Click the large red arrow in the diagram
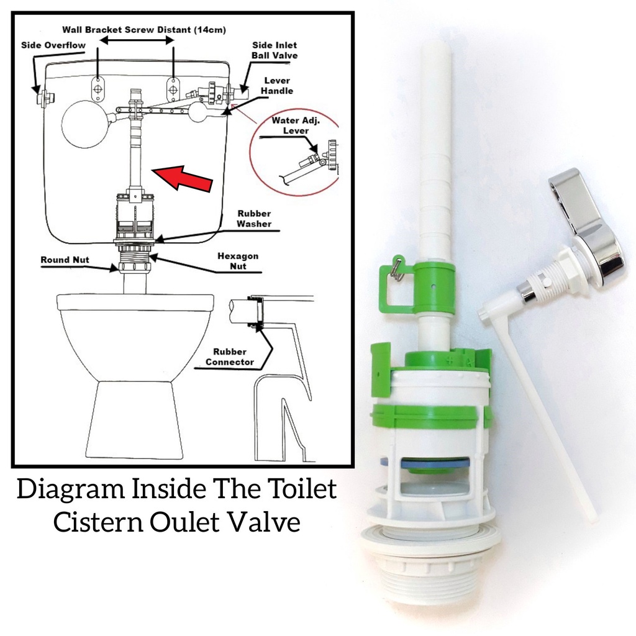point(184,176)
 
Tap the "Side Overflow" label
point(53,45)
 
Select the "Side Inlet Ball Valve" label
point(274,50)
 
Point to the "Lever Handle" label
point(277,86)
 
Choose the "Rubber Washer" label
point(254,219)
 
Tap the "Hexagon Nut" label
point(237,261)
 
